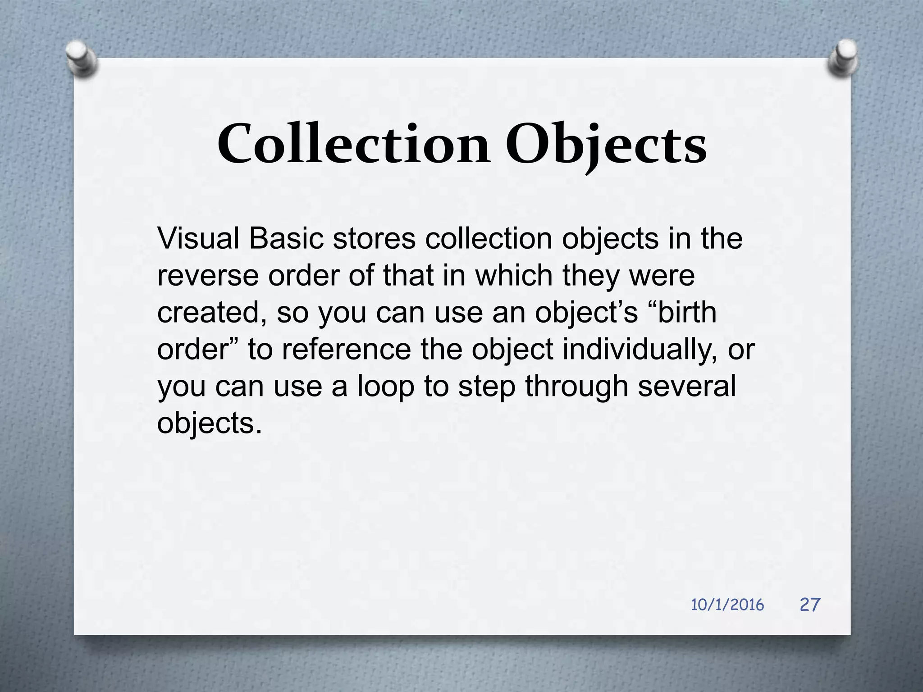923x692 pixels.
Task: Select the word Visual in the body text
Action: click(198, 239)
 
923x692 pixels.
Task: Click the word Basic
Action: click(286, 239)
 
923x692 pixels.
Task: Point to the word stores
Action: click(374, 239)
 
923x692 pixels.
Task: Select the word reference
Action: click(346, 350)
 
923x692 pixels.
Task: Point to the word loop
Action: click(385, 387)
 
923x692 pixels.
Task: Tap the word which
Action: click(514, 276)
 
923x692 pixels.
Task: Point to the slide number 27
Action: click(810, 605)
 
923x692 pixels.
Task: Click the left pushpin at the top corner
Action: click(81, 58)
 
